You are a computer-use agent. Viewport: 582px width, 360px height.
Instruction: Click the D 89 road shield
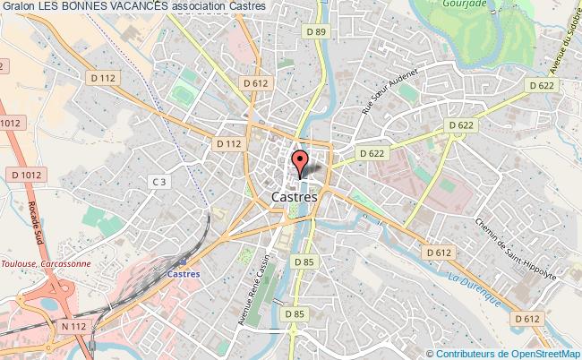pyautogui.click(x=315, y=32)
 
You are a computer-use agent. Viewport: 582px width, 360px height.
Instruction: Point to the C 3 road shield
pyautogui.click(x=159, y=182)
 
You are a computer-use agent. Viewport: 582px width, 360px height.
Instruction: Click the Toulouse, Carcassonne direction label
pyautogui.click(x=44, y=263)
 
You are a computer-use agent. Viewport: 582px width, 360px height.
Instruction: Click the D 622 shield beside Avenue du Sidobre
pyautogui.click(x=543, y=86)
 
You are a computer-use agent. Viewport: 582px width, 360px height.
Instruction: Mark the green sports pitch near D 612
pyautogui.click(x=185, y=91)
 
